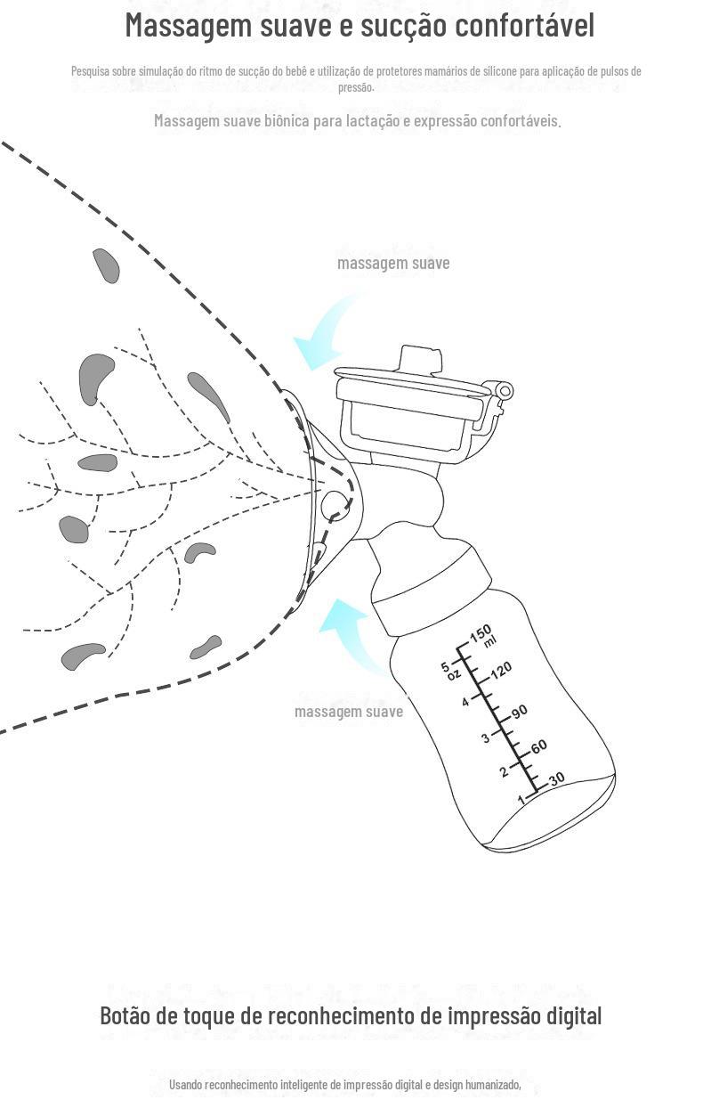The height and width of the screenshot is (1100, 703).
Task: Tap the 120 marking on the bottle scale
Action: click(501, 669)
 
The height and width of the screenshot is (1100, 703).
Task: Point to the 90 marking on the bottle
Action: click(520, 711)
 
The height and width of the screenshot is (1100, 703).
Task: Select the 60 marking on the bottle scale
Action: click(537, 746)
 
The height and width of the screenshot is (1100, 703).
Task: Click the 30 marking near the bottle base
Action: click(556, 779)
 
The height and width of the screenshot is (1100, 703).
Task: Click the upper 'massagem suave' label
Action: click(393, 263)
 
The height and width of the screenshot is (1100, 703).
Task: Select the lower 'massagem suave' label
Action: click(349, 711)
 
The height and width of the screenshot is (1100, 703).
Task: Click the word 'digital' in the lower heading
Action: click(573, 1015)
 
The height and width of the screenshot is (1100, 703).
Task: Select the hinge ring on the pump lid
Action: click(505, 391)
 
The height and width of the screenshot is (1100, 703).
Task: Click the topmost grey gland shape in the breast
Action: click(106, 265)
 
